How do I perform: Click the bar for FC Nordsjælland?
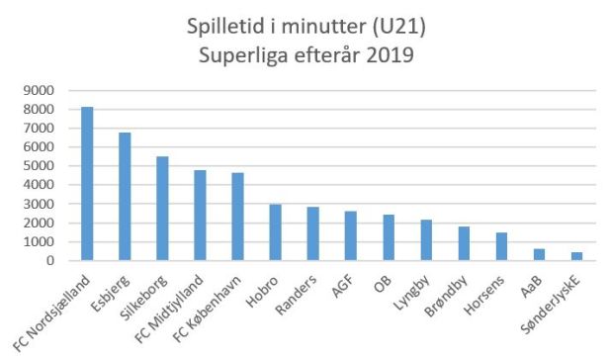tap(87, 184)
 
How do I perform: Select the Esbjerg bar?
tap(125, 197)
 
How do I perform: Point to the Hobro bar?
tap(276, 233)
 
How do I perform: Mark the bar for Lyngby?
tap(426, 240)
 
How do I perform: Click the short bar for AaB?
tap(539, 255)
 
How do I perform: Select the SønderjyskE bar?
tap(576, 257)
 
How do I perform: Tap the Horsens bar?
tap(501, 247)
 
